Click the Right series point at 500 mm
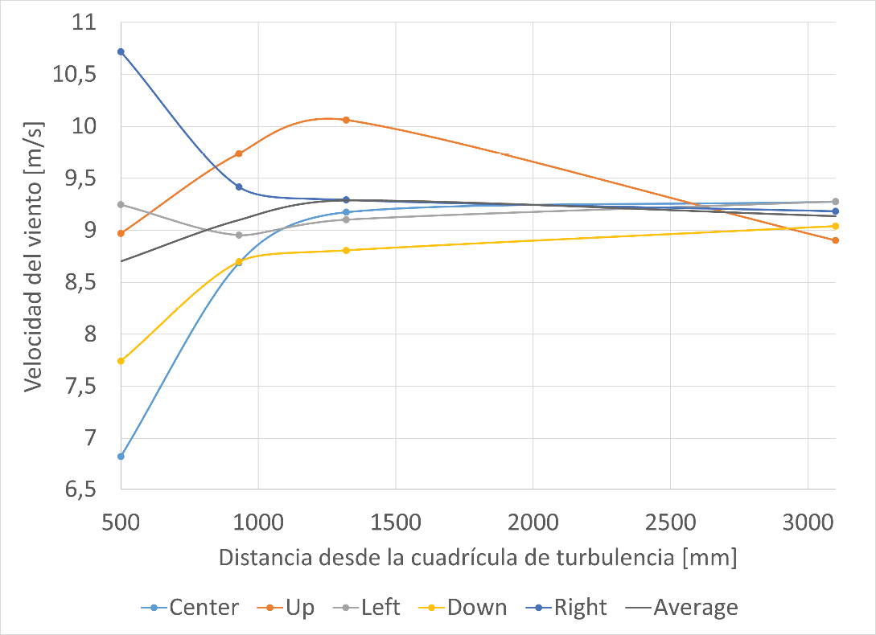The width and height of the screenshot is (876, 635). pyautogui.click(x=121, y=51)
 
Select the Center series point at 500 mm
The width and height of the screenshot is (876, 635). pyautogui.click(x=121, y=457)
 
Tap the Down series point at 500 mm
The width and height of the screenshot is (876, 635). pyautogui.click(x=121, y=361)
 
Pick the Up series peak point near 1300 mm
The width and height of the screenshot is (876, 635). pyautogui.click(x=346, y=120)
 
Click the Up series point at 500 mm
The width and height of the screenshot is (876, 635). pyautogui.click(x=121, y=233)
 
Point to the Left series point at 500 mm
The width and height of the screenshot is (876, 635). pyautogui.click(x=121, y=204)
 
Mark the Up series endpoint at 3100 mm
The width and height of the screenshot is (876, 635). pyautogui.click(x=836, y=240)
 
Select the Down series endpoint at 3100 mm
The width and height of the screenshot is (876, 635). pyautogui.click(x=836, y=226)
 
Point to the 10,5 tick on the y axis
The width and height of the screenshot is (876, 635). pyautogui.click(x=73, y=75)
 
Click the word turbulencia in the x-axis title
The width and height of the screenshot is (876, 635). pyautogui.click(x=615, y=557)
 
